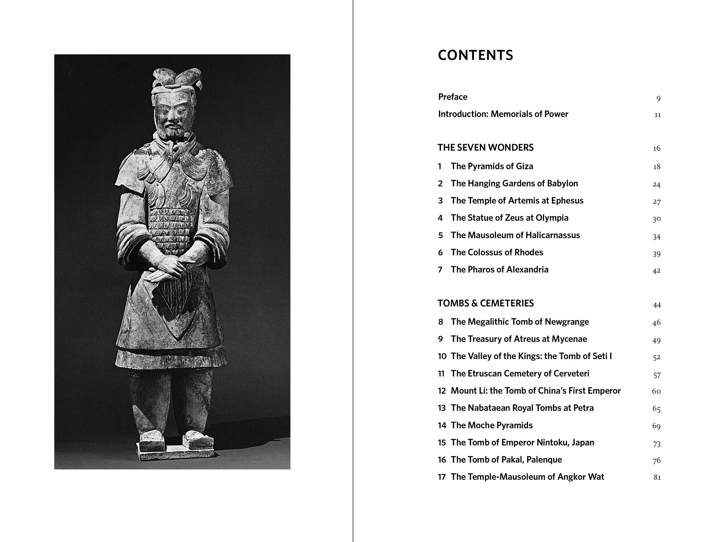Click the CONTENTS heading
pos(475,55)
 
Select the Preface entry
pos(453,97)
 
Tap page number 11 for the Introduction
pos(657,115)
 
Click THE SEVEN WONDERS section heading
pos(485,148)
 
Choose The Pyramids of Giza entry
pos(492,166)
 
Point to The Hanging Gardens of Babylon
pos(514,184)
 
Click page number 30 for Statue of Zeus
pos(656,219)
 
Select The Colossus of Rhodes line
pos(497,252)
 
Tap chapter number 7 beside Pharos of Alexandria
pos(440,270)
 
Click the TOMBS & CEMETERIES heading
pos(485,303)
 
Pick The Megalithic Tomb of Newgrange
pos(520,322)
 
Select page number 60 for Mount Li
pos(656,391)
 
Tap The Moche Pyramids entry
pos(491,425)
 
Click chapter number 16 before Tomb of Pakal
pos(442,460)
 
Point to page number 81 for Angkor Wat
pos(657,477)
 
